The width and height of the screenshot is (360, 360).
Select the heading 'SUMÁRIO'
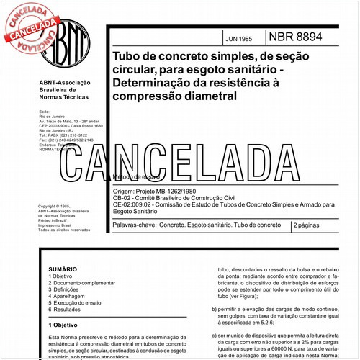point(60,267)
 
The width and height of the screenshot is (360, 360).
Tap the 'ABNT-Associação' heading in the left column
point(63,84)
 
